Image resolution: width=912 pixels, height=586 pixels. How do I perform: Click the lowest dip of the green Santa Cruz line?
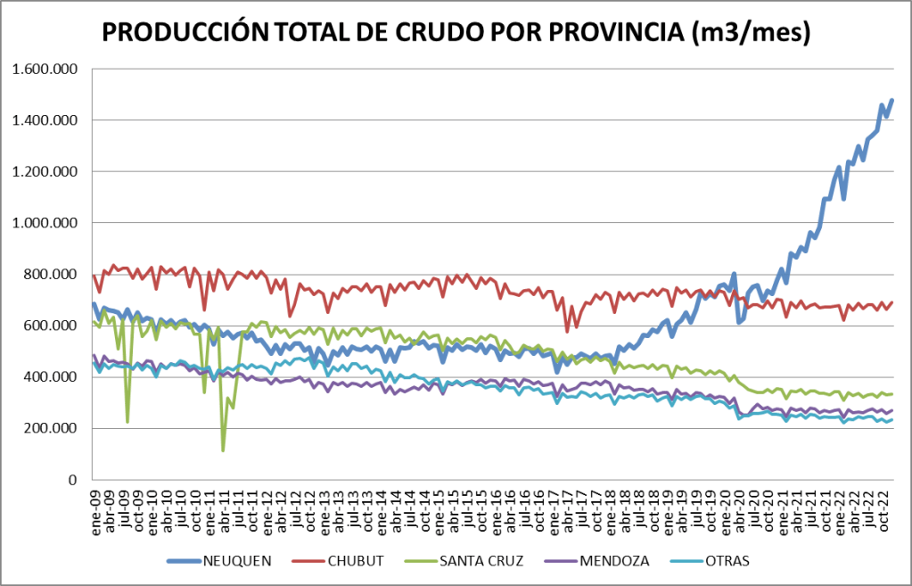[x=223, y=450]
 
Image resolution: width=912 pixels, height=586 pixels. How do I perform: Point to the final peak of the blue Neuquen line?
[x=891, y=100]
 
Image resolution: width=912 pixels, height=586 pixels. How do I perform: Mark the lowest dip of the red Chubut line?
[x=567, y=331]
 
